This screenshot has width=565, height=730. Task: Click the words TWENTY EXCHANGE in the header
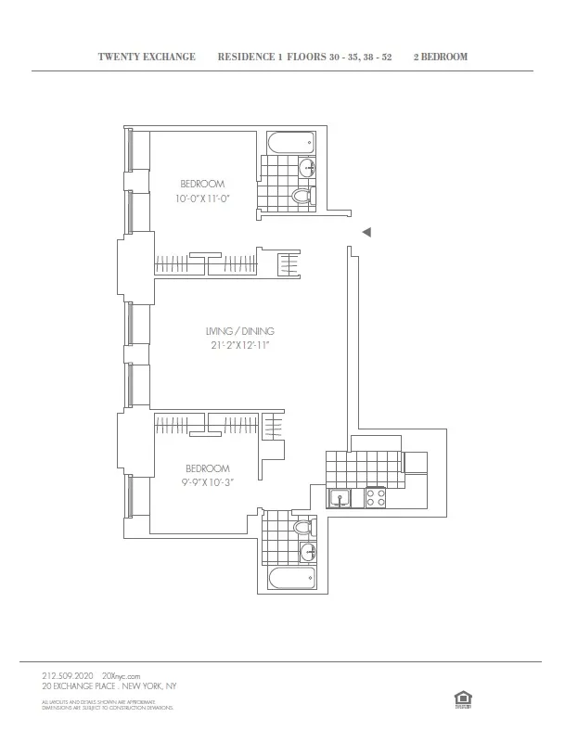(x=147, y=57)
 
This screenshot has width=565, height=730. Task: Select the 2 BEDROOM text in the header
(x=440, y=57)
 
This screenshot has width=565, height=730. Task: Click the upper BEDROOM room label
(x=202, y=185)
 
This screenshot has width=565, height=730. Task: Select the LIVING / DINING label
(x=239, y=331)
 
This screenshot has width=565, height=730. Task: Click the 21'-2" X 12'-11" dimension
(x=239, y=346)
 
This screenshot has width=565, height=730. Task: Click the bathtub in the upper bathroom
(x=292, y=144)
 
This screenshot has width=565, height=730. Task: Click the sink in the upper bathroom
(x=307, y=168)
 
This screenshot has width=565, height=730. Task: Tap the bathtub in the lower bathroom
(x=291, y=581)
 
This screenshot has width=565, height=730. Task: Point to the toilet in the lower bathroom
(x=302, y=528)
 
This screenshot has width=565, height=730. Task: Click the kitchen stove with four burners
(x=376, y=498)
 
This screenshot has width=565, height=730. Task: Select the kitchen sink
(x=340, y=499)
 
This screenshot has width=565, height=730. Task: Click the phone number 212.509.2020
(x=68, y=676)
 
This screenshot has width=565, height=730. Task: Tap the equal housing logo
(x=460, y=698)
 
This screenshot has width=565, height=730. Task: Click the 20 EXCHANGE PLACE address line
(x=109, y=686)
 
